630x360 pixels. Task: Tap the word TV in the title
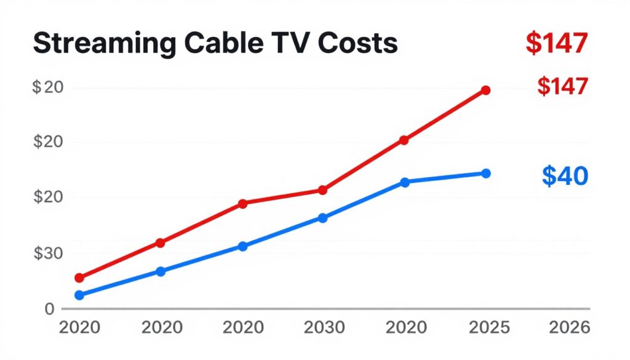(x=266, y=45)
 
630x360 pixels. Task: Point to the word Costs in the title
(x=345, y=45)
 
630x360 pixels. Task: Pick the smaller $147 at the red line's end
(x=562, y=87)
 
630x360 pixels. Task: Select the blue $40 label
(x=565, y=176)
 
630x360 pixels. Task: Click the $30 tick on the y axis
(x=47, y=253)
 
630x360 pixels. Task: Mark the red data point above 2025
(x=485, y=90)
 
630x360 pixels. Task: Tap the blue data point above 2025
(x=485, y=174)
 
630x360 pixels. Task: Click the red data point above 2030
(x=322, y=190)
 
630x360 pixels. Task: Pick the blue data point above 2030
(x=322, y=218)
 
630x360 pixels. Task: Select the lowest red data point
(x=79, y=278)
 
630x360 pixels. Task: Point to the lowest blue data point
(x=79, y=295)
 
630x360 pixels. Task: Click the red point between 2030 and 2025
(x=404, y=140)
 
